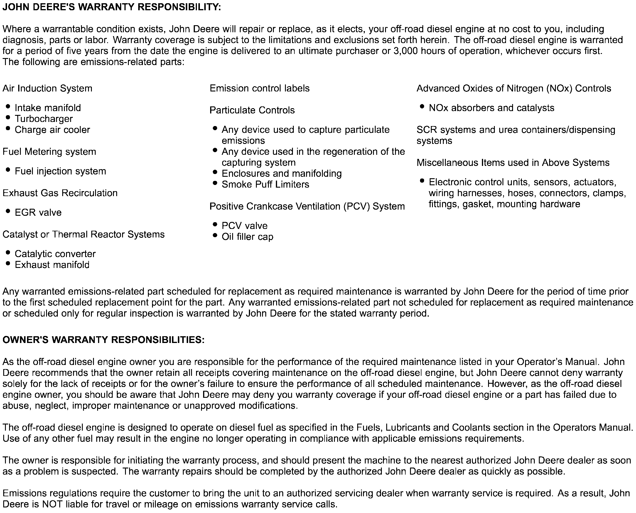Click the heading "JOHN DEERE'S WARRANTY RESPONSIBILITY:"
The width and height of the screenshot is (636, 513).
(x=112, y=7)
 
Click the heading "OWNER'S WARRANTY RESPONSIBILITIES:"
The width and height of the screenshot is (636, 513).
(x=104, y=340)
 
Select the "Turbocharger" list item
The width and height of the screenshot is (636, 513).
(x=43, y=119)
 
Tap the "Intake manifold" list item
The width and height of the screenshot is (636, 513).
(x=48, y=108)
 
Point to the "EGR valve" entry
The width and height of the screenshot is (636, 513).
(x=38, y=213)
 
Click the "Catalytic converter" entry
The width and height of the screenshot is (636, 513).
(x=55, y=254)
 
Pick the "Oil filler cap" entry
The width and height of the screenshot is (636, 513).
(x=247, y=237)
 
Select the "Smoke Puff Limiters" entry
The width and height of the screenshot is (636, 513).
(x=265, y=184)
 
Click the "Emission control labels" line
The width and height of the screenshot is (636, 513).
(x=259, y=88)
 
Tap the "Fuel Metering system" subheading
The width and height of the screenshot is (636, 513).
(x=49, y=152)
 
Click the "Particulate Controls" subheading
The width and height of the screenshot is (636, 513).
(x=252, y=110)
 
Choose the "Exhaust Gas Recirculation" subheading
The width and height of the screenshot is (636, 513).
(x=60, y=193)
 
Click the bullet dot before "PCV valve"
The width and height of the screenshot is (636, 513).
(x=215, y=225)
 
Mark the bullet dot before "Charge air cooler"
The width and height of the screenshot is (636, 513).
(x=8, y=129)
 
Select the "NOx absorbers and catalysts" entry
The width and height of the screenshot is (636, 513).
(x=491, y=108)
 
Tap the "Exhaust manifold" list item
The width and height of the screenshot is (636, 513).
(x=52, y=265)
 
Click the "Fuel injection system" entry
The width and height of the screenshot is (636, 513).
(x=60, y=171)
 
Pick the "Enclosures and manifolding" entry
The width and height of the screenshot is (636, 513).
(x=282, y=174)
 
